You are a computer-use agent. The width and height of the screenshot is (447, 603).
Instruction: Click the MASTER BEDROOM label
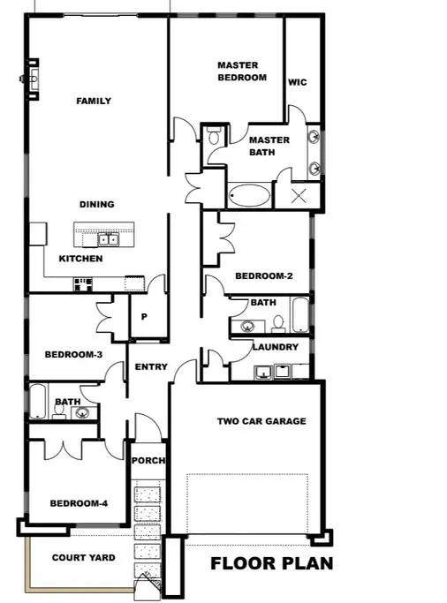[x=242, y=72]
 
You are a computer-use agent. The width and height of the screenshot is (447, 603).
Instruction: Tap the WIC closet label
[x=298, y=82]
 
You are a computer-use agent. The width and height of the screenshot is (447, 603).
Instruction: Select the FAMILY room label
[x=94, y=101]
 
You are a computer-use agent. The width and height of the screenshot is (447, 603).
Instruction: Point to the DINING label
[x=96, y=204]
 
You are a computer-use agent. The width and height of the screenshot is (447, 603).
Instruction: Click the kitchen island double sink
[x=108, y=239]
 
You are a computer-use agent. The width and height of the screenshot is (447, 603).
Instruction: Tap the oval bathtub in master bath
[x=250, y=195]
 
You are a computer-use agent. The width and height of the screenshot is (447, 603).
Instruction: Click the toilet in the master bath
[x=213, y=136]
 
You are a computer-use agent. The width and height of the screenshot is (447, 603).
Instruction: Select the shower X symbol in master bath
[x=299, y=196]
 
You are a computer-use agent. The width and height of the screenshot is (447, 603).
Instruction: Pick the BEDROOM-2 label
[x=264, y=275]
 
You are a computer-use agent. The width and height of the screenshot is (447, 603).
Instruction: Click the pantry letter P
[x=144, y=317]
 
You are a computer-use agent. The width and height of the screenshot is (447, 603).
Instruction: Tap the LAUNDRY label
[x=276, y=347]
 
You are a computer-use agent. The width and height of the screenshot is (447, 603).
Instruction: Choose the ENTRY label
[x=151, y=367]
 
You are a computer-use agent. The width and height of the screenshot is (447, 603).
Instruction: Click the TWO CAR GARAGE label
[x=261, y=421]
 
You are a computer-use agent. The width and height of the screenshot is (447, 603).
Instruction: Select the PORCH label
[x=148, y=460]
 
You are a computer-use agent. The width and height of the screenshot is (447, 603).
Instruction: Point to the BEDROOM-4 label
[x=79, y=503]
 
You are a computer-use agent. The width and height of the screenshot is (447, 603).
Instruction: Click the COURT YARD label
[x=83, y=558]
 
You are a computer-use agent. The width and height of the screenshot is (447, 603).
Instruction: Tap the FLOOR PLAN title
[x=272, y=564]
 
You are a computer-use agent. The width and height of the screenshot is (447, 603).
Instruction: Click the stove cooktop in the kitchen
[x=83, y=284]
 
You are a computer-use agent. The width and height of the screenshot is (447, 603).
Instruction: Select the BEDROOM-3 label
[x=73, y=354]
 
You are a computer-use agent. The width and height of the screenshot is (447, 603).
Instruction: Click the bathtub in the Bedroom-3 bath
[x=38, y=401]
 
